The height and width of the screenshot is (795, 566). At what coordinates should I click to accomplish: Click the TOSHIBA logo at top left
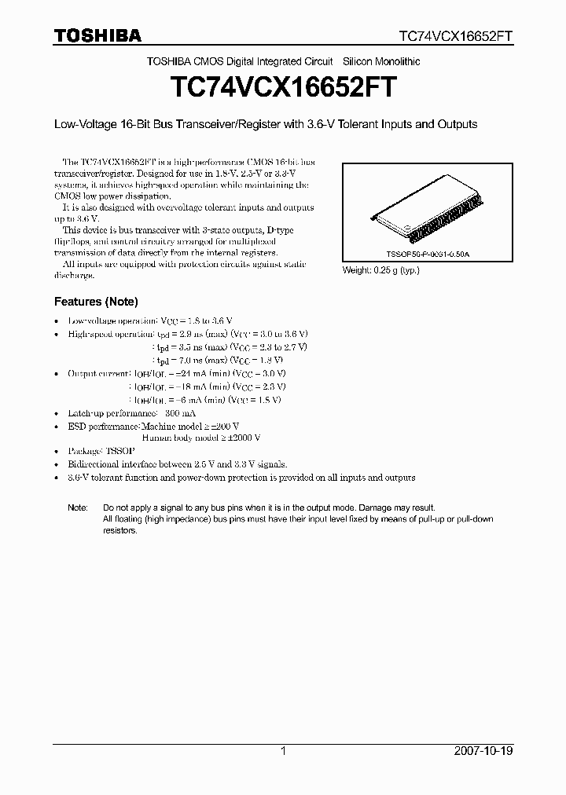[x=97, y=35]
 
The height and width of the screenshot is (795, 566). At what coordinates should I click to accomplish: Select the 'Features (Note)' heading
[x=96, y=302]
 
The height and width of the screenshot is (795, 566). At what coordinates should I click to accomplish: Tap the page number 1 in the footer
[x=283, y=751]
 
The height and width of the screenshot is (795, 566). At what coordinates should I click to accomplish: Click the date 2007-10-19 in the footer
[x=483, y=751]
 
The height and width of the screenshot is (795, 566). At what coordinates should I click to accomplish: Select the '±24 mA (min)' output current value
[x=203, y=373]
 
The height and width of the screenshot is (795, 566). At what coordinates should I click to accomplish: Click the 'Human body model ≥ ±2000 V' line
[x=201, y=438]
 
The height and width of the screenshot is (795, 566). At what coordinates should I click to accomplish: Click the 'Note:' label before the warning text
[x=78, y=507]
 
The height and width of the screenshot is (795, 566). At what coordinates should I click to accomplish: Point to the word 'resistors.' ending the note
[x=120, y=530]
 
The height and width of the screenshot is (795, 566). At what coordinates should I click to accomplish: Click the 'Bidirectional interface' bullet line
[x=178, y=464]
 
